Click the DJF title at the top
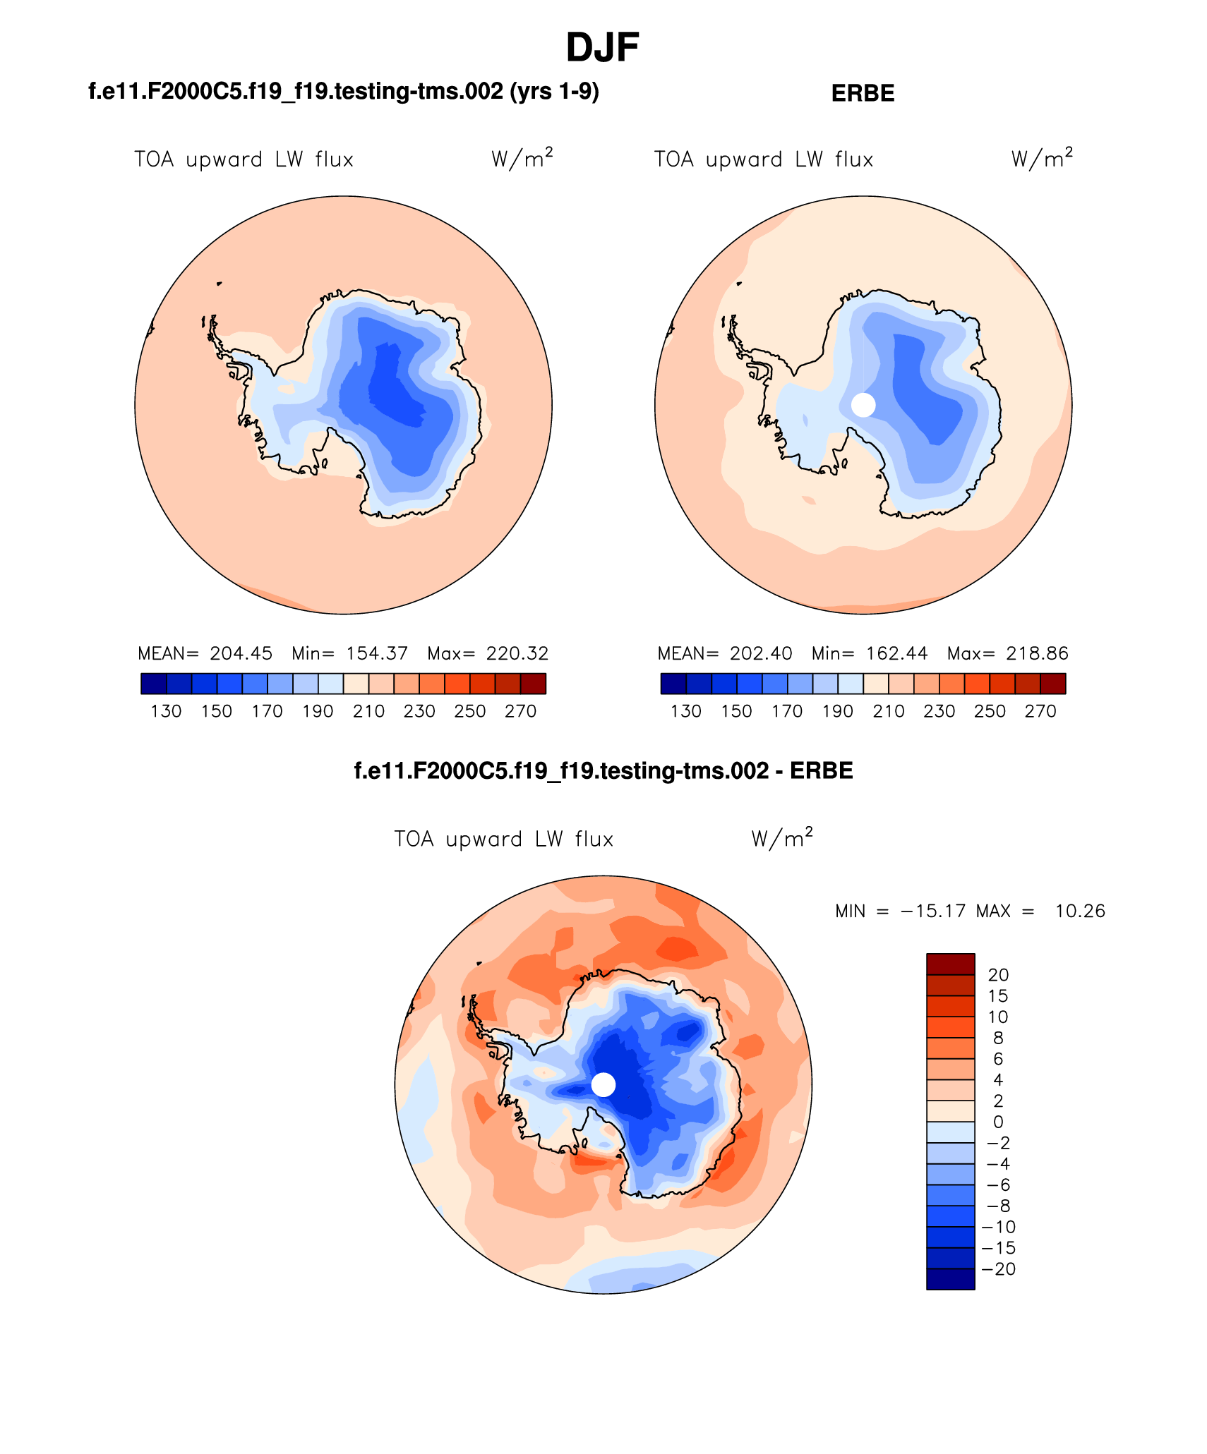[602, 48]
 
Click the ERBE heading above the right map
[863, 93]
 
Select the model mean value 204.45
[241, 653]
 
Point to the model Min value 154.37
[377, 653]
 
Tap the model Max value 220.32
[517, 653]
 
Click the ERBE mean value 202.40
[761, 653]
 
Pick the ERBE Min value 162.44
[896, 653]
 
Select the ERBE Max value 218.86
[1037, 653]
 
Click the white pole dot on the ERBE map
[863, 405]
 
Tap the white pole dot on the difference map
[603, 1084]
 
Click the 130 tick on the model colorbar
[166, 711]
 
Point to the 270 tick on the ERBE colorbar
[1040, 711]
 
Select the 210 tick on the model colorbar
[368, 711]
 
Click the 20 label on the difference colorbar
[998, 975]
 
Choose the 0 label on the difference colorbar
[998, 1122]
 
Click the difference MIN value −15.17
[932, 911]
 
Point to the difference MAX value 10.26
[1079, 911]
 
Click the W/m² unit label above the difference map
[781, 838]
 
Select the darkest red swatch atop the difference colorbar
[950, 964]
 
